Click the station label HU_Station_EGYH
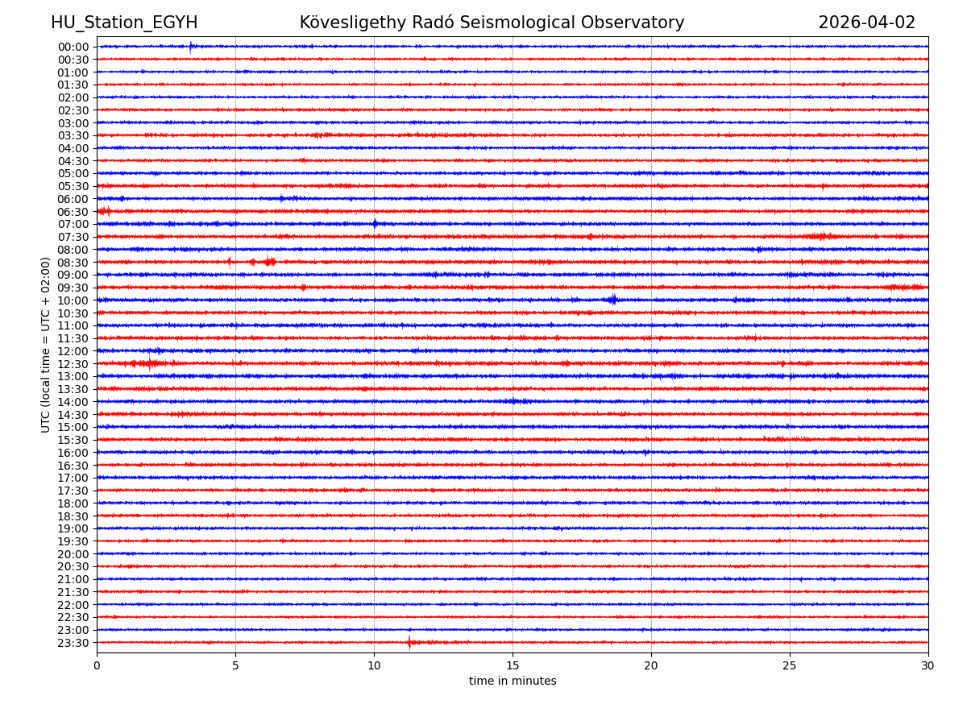click(124, 23)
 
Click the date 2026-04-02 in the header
click(866, 23)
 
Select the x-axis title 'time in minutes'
click(513, 681)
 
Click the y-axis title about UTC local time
click(46, 345)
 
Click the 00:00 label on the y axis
click(73, 47)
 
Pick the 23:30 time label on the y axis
click(73, 643)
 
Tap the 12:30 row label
click(73, 364)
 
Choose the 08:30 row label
click(73, 263)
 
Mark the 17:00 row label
click(73, 478)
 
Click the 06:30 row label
click(73, 212)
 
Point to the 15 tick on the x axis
click(513, 665)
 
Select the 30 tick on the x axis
click(928, 665)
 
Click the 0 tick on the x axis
click(97, 665)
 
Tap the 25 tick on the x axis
click(790, 665)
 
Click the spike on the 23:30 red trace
click(409, 642)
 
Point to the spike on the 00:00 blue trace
click(191, 47)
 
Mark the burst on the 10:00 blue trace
click(612, 300)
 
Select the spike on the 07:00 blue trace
click(375, 224)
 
